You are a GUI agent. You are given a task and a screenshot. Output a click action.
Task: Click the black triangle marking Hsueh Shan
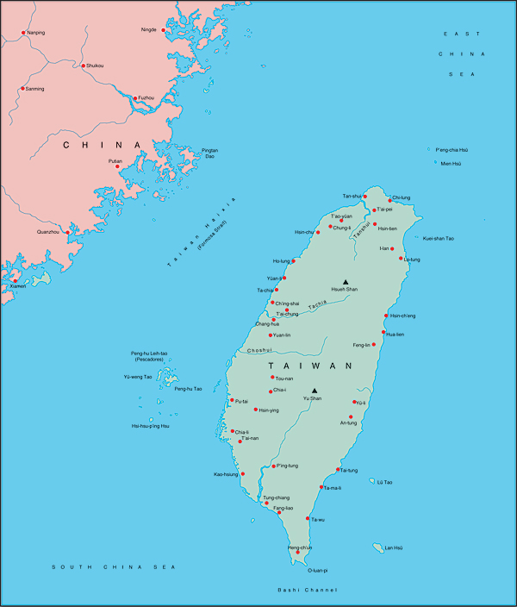346,281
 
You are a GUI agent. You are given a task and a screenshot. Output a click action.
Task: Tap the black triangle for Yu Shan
315,390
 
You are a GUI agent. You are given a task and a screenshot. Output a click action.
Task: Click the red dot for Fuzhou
134,98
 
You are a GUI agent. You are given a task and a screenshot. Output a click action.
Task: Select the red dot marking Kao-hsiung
243,473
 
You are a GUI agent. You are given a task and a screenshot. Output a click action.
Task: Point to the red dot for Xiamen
14,280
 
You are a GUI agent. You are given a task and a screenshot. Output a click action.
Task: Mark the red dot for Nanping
23,34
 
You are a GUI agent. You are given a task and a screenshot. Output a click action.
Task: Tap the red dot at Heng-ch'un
298,553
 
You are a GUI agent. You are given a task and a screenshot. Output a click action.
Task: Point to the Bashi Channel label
307,590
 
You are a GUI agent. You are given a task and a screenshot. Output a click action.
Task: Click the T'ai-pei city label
384,210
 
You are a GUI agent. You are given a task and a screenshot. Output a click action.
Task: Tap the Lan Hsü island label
393,548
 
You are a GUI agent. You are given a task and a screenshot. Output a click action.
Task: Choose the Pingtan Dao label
209,153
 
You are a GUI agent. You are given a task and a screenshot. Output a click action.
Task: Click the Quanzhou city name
48,232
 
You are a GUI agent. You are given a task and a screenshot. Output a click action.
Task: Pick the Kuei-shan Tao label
439,238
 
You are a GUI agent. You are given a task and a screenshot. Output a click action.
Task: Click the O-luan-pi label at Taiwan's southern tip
318,570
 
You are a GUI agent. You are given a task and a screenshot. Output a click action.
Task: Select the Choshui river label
259,350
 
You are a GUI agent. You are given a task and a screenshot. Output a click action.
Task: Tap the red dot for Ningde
164,30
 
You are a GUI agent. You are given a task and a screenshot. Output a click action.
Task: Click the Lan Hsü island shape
377,548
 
